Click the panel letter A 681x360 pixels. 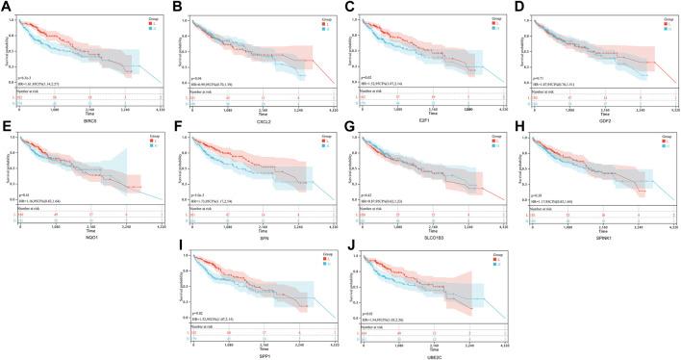pos(6,7)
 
